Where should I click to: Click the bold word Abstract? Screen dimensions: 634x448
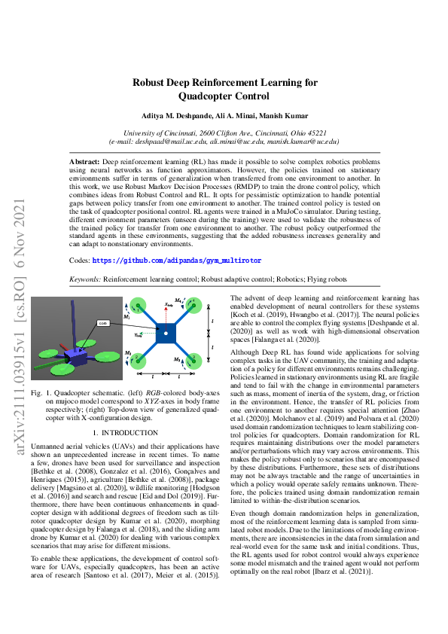tap(84, 162)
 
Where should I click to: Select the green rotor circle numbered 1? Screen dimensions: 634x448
tap(139, 306)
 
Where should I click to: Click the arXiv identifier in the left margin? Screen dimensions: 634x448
tap(15, 316)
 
